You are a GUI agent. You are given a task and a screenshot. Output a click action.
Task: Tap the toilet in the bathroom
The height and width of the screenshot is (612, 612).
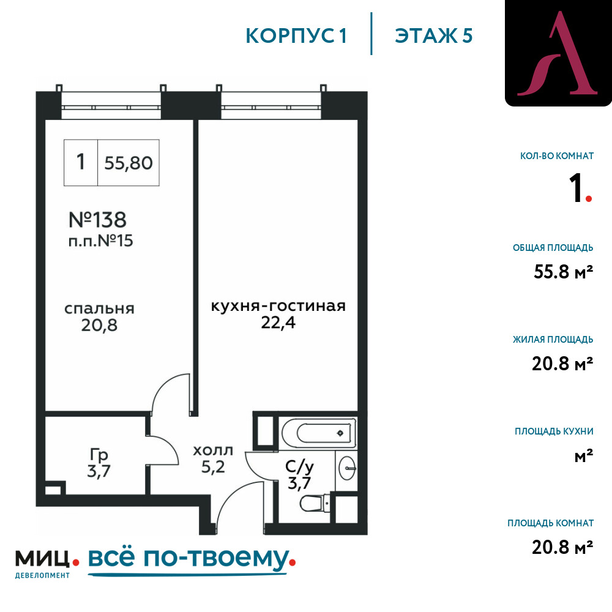pos(313,504)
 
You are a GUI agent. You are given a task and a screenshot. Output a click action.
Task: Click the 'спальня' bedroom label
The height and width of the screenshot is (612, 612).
pos(99,309)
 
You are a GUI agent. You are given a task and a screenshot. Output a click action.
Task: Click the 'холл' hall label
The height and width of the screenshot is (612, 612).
pos(213,451)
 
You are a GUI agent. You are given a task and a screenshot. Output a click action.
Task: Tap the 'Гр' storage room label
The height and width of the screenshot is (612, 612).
pos(99,455)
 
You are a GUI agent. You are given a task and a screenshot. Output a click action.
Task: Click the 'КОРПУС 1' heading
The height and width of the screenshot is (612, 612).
pos(296,36)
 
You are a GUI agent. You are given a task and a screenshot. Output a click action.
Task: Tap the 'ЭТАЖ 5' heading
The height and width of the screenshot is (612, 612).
pos(433,36)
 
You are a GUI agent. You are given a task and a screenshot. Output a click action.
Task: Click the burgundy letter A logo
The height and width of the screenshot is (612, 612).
pos(557,54)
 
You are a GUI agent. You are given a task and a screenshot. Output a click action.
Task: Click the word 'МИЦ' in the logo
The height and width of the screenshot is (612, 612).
pos(42,559)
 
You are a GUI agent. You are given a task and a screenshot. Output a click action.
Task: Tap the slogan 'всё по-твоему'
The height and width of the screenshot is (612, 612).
pos(188,558)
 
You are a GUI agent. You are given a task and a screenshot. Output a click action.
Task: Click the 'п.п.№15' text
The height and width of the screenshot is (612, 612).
pos(100,241)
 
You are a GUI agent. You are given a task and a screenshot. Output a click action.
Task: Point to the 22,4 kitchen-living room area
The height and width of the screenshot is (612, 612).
pos(278,323)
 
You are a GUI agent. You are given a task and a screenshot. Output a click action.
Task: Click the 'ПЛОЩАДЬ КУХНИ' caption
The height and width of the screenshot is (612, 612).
pos(554,431)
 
